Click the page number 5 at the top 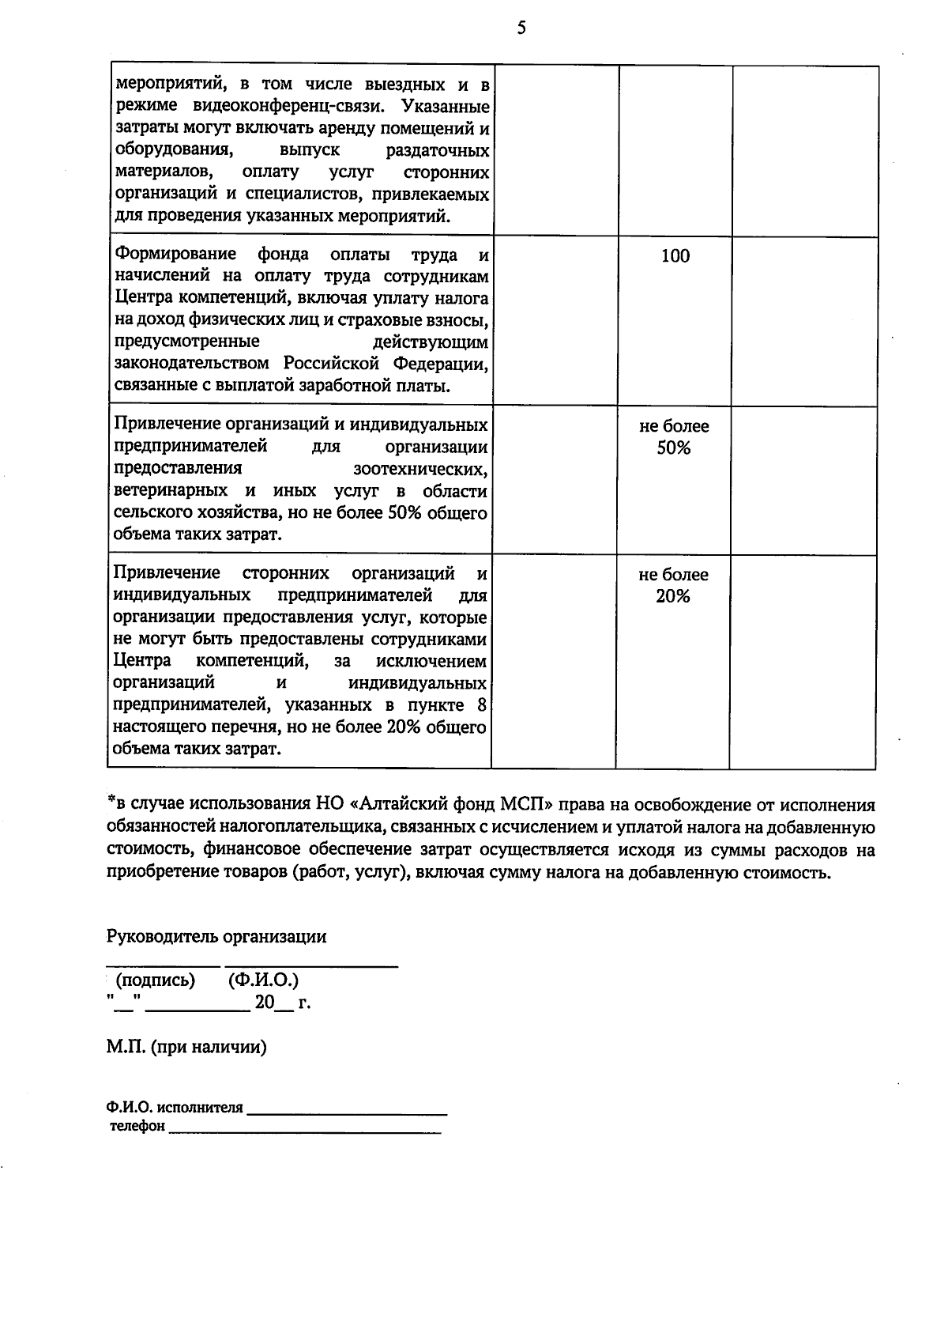pyautogui.click(x=521, y=29)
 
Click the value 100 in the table pyautogui.click(x=675, y=256)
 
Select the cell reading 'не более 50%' pyautogui.click(x=674, y=437)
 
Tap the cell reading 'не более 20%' pyautogui.click(x=673, y=586)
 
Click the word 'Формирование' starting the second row pyautogui.click(x=175, y=255)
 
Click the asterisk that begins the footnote pyautogui.click(x=111, y=802)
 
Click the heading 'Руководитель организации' pyautogui.click(x=216, y=937)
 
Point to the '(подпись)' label pyautogui.click(x=155, y=981)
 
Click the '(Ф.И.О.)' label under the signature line pyautogui.click(x=263, y=981)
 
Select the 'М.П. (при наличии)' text pyautogui.click(x=186, y=1048)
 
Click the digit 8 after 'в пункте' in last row pyautogui.click(x=482, y=705)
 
